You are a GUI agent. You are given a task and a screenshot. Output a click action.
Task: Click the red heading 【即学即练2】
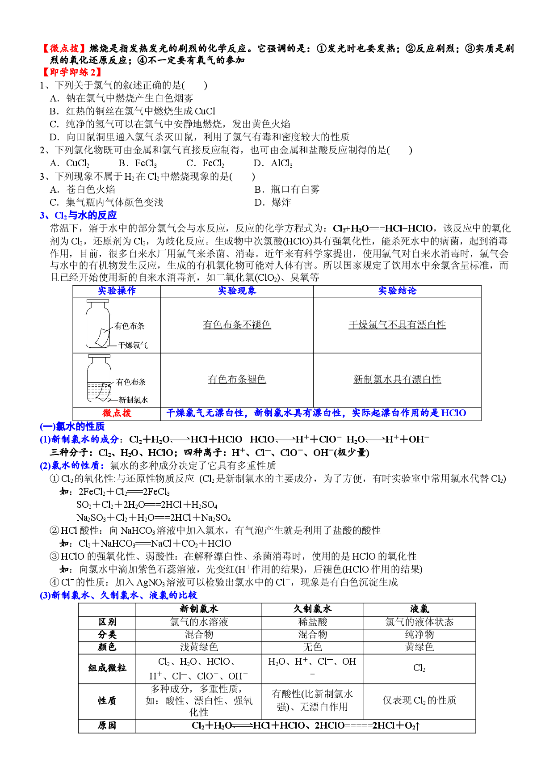click(x=72, y=72)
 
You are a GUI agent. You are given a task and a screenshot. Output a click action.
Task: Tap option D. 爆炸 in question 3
click(x=273, y=202)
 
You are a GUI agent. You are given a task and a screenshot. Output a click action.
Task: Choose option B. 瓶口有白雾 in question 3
click(x=287, y=190)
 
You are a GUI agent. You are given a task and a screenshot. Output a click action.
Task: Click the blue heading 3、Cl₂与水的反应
click(x=78, y=215)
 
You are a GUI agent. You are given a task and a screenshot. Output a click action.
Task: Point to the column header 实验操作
click(x=117, y=291)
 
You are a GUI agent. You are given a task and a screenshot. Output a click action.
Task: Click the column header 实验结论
click(x=397, y=291)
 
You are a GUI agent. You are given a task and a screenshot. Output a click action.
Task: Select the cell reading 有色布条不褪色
click(x=237, y=325)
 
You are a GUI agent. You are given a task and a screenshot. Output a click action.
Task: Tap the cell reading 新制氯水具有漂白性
click(x=397, y=379)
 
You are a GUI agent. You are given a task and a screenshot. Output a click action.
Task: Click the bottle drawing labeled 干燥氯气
click(x=98, y=324)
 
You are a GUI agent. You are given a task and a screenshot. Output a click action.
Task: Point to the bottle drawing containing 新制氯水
click(x=99, y=379)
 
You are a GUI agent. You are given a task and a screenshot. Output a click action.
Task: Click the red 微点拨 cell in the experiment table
click(x=117, y=413)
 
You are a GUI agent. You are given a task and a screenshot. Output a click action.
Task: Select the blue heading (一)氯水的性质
click(x=72, y=426)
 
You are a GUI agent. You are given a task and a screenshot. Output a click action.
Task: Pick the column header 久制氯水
click(x=312, y=609)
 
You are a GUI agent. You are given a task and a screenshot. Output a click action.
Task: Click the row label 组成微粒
click(x=107, y=668)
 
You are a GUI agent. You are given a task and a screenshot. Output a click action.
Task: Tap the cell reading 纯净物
click(x=419, y=635)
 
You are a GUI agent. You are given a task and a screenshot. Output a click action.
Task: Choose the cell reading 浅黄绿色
click(x=199, y=647)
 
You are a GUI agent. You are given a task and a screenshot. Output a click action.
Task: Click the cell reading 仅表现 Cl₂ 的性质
click(x=419, y=700)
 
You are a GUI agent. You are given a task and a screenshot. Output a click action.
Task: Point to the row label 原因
click(x=107, y=725)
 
